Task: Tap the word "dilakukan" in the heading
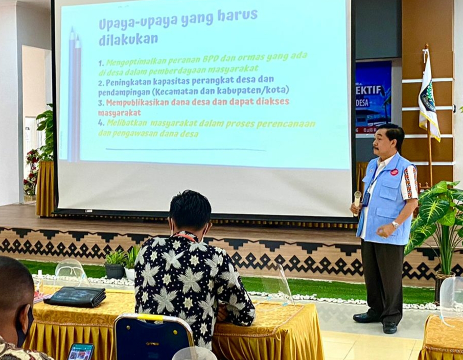pyautogui.click(x=128, y=39)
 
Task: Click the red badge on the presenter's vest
pyautogui.click(x=394, y=172)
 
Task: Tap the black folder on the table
pyautogui.click(x=75, y=296)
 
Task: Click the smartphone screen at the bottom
pyautogui.click(x=81, y=352)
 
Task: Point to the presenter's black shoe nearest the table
pyautogui.click(x=366, y=318)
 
